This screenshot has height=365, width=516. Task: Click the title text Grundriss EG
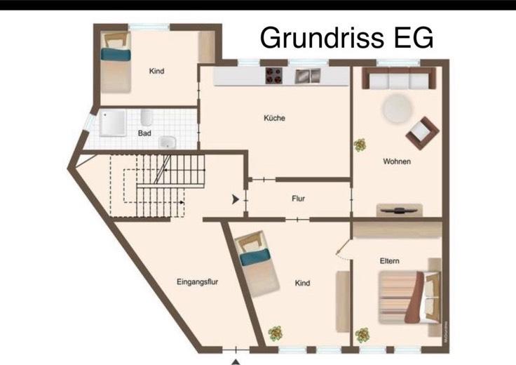(x=346, y=36)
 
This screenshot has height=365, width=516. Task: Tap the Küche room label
(x=274, y=118)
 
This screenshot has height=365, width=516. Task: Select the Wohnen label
(x=396, y=161)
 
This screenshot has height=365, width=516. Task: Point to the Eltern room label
(x=389, y=261)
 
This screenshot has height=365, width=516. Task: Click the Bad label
(x=144, y=133)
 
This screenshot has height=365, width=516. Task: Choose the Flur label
(x=298, y=199)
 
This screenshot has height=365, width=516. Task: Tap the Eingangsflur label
(x=199, y=281)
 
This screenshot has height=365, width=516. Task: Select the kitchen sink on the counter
(x=303, y=75)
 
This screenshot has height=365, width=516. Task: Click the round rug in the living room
(x=396, y=109)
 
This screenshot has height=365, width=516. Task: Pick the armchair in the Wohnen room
(x=421, y=132)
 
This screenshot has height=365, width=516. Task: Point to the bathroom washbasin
(x=166, y=142)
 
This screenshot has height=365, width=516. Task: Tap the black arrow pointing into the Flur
(x=236, y=199)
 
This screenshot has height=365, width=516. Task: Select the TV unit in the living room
(x=399, y=210)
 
